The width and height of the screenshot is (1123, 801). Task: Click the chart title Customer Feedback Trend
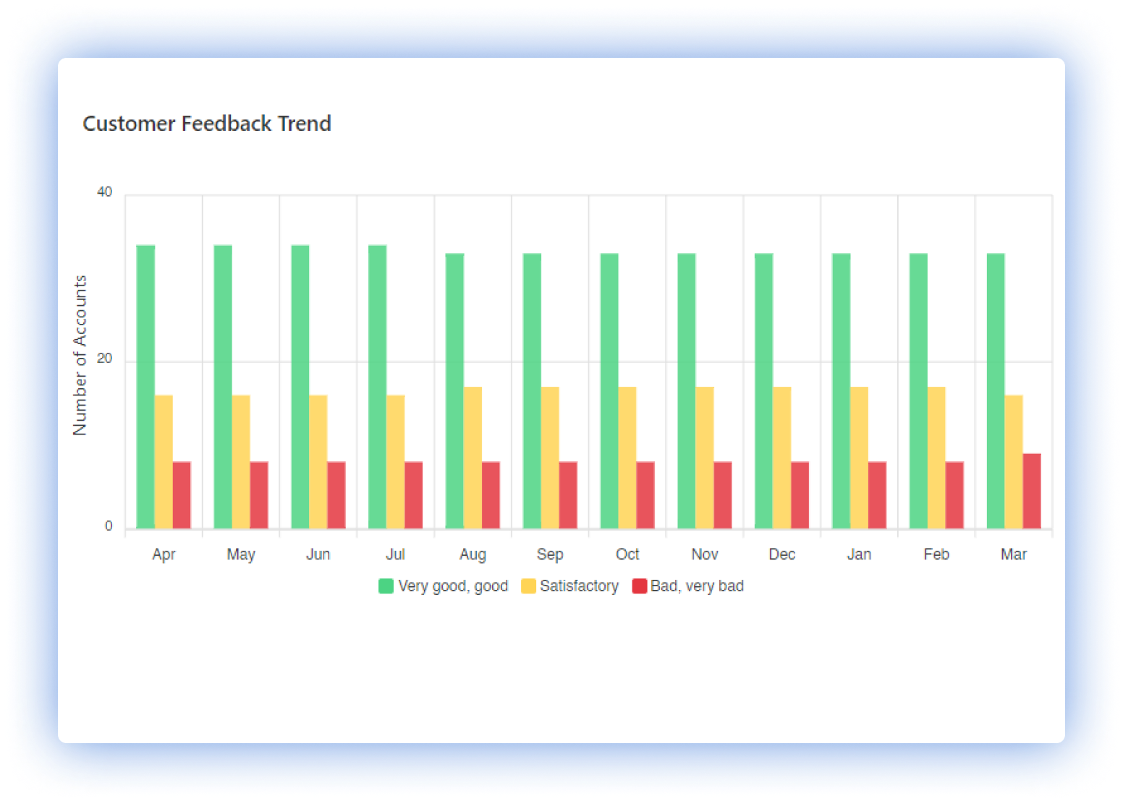pos(207,124)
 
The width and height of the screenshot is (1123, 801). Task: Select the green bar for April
pos(145,387)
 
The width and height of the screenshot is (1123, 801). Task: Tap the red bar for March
pos(1032,491)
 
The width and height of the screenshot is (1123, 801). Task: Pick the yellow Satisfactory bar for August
pos(472,458)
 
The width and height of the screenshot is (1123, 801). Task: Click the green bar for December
pos(763,391)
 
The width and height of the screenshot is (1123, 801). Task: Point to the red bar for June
pos(336,495)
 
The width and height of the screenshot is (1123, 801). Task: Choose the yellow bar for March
pos(1014,462)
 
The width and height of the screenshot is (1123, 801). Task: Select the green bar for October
pos(609,391)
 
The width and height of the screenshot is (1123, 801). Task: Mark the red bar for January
pos(877,495)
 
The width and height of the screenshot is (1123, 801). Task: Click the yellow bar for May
pos(241,462)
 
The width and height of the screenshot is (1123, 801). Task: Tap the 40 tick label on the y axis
pos(105,192)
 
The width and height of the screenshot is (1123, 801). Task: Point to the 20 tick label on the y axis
pos(105,359)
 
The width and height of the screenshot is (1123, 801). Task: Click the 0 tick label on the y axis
pos(109,526)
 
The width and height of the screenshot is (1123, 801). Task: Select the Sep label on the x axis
pos(550,554)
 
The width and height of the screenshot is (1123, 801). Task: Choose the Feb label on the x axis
pos(936,554)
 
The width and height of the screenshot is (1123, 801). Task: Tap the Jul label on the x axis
pos(395,554)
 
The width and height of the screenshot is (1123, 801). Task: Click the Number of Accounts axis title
pos(80,356)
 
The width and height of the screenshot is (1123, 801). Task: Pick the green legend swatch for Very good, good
pos(386,586)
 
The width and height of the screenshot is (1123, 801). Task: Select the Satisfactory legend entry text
pos(579,586)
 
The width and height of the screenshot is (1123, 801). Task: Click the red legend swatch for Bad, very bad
pos(640,586)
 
